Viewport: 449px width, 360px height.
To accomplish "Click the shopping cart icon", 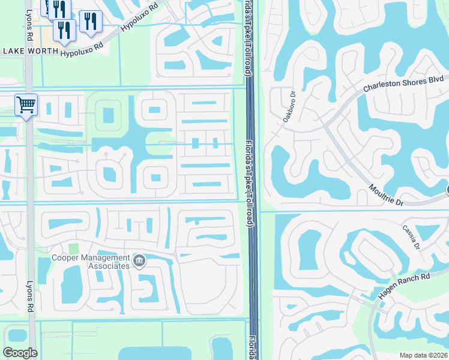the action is coord(26,106).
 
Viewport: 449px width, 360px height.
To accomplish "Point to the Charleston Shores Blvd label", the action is coord(403,83).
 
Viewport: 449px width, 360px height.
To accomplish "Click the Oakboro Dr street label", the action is coord(289,107).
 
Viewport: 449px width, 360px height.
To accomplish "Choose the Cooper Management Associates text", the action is coord(90,262).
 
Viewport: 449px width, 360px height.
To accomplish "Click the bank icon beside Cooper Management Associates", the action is coord(139,260).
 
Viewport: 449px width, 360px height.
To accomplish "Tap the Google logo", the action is coord(20,352).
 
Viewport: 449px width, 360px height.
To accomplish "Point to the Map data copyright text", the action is coord(423,355).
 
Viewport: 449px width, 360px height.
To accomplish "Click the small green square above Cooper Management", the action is coord(73,248).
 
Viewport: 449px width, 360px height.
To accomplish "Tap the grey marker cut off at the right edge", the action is coord(447,190).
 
